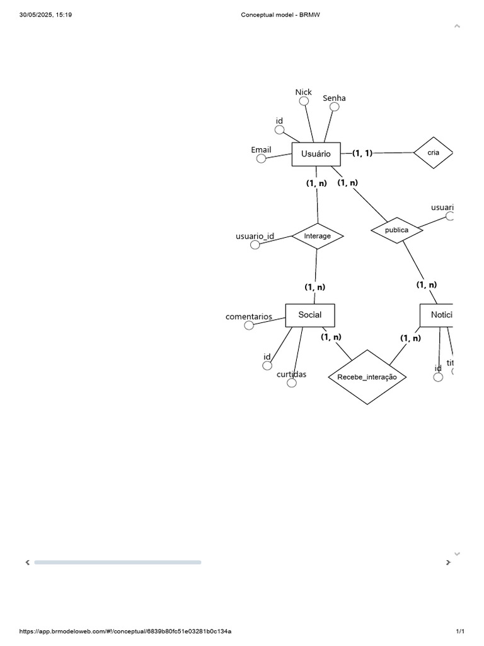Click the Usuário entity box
click(316, 154)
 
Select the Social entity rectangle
click(309, 315)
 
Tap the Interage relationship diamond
click(317, 236)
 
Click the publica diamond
click(396, 230)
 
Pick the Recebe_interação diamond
click(367, 377)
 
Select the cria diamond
click(433, 153)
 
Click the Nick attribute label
click(303, 92)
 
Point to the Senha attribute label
click(334, 98)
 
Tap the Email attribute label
click(261, 150)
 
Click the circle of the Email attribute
click(261, 158)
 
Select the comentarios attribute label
click(249, 317)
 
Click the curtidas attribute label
click(291, 374)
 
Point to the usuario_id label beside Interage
click(255, 236)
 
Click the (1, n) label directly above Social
click(315, 287)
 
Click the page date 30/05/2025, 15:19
click(46, 15)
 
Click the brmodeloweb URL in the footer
click(125, 631)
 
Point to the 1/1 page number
click(460, 631)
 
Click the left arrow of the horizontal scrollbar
click(27, 562)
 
